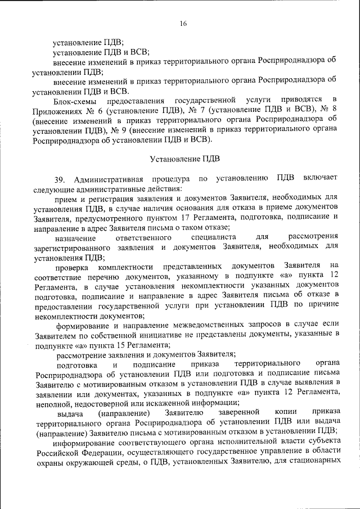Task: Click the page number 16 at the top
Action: click(183, 23)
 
